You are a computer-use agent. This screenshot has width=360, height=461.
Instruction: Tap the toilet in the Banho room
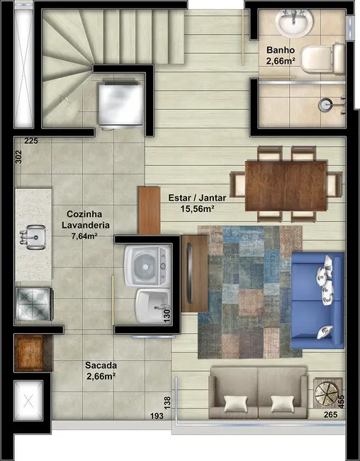tap(322, 58)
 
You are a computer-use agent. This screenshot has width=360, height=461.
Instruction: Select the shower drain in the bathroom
tap(326, 105)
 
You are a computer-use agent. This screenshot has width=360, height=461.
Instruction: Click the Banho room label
tap(281, 50)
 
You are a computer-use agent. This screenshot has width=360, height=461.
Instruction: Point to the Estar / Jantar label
tap(197, 198)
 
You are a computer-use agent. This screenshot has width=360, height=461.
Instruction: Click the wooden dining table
tap(286, 186)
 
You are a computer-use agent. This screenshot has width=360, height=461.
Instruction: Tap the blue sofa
tap(317, 301)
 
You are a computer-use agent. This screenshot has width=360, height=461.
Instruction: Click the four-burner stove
tap(34, 304)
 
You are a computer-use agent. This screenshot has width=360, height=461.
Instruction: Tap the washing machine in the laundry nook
tap(147, 266)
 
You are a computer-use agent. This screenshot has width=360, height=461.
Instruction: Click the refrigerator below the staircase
tap(121, 104)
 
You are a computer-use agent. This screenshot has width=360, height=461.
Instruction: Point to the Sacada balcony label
tap(101, 365)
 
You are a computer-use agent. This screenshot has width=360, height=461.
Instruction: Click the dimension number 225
tap(31, 141)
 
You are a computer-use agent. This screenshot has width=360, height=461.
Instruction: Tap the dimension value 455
tap(341, 401)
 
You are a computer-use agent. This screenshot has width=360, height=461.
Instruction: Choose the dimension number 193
tap(157, 416)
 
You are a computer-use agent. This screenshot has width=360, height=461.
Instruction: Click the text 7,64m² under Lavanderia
tap(84, 235)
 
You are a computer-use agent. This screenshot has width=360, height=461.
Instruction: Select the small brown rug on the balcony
tap(33, 353)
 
